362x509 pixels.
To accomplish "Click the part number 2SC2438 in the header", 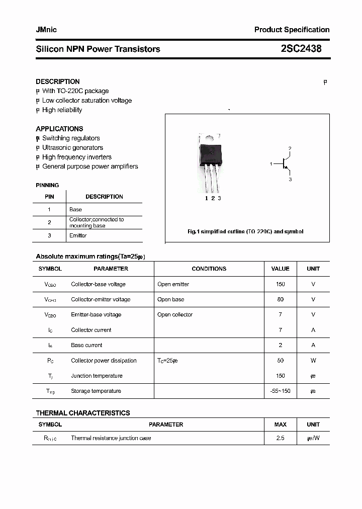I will [x=301, y=49].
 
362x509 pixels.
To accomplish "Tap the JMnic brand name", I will [x=46, y=30].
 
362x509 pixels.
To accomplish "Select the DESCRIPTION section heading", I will [x=57, y=81].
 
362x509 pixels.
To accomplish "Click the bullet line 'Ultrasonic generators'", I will [x=72, y=147].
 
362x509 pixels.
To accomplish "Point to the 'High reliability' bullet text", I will [x=62, y=110].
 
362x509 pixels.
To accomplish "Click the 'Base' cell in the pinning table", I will [x=75, y=209].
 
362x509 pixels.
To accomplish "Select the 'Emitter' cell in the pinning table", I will [x=78, y=235].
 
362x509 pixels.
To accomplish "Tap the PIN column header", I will [x=49, y=197].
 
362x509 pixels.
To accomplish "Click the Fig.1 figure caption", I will [x=245, y=232].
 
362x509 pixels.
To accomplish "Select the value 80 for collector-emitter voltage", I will [x=280, y=299].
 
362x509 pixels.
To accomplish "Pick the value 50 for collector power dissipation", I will [x=280, y=361].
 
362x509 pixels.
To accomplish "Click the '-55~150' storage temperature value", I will [x=280, y=391].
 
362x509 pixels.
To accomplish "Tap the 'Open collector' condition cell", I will [x=175, y=315].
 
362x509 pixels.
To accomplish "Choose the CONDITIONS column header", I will [x=209, y=269].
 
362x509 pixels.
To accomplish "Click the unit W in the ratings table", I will [x=313, y=361].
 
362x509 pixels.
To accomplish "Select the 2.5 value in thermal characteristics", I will [x=280, y=438].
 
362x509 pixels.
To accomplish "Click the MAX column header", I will [x=280, y=425].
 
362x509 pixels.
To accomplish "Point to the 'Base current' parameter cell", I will [x=86, y=345].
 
